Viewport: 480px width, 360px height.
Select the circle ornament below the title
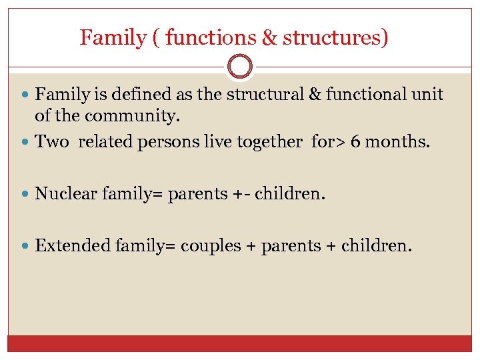(240, 67)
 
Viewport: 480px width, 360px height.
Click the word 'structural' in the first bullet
(263, 95)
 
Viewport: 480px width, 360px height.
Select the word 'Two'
(51, 141)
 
